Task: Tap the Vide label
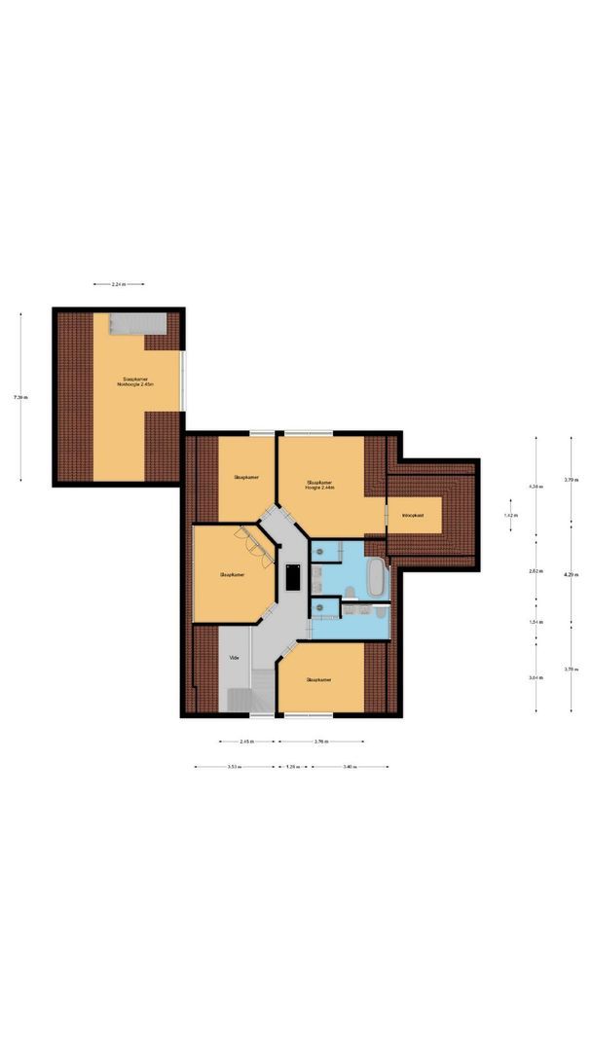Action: pos(234,658)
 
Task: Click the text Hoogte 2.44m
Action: pos(319,488)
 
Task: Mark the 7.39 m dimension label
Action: pos(20,397)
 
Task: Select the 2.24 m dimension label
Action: pos(119,284)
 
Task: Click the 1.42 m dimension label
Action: pos(509,515)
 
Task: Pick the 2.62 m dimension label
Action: pos(535,571)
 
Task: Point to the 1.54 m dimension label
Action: pos(535,622)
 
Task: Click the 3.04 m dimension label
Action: pos(535,677)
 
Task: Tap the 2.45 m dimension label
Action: pos(248,742)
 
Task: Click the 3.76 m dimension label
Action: pos(319,742)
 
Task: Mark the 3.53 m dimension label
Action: pos(234,767)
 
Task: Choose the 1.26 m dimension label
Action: pos(292,767)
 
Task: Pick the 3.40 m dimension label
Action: pos(351,767)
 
